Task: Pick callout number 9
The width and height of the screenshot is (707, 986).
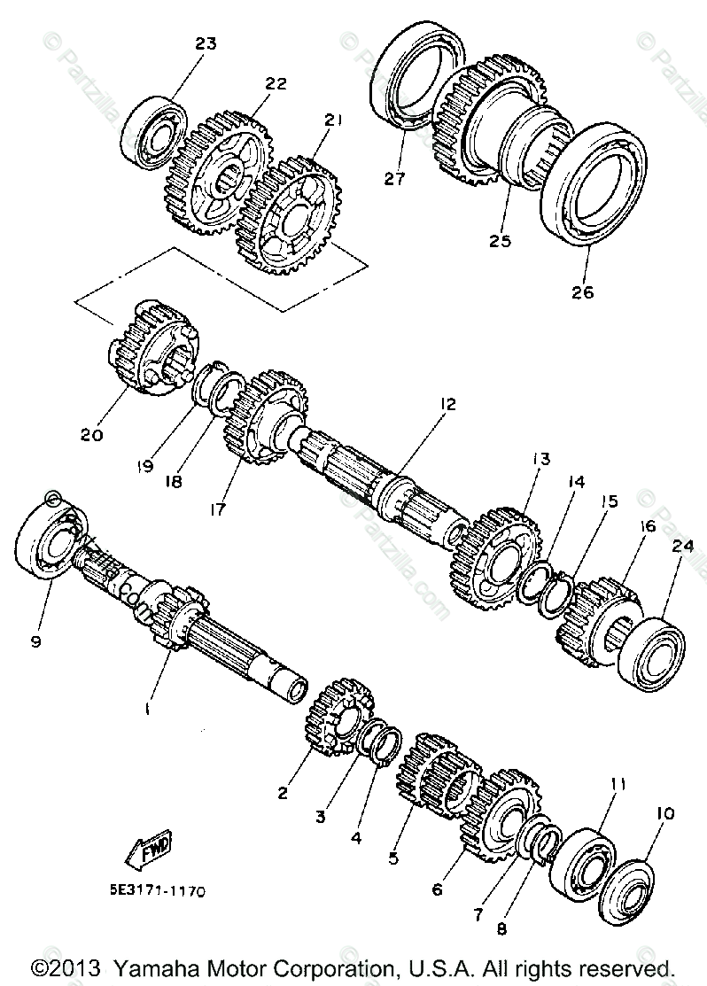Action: (35, 642)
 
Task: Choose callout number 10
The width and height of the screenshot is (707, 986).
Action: (665, 812)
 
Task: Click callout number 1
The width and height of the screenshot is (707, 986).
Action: (148, 709)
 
